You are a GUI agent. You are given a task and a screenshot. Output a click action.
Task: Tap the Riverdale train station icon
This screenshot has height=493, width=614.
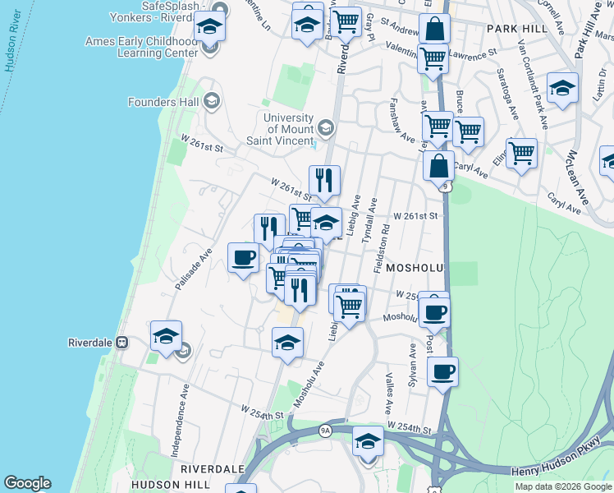(121, 342)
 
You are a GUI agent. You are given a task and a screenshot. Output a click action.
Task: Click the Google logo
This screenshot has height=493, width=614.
(27, 483)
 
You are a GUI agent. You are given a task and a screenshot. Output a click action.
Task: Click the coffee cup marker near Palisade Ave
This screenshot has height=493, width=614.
(242, 258)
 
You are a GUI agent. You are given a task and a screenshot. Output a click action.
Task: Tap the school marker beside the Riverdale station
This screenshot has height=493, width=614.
(166, 336)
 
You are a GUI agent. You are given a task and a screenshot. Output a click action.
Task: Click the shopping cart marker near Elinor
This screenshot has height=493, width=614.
(521, 152)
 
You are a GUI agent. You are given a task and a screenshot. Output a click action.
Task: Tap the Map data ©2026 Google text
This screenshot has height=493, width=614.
(563, 486)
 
